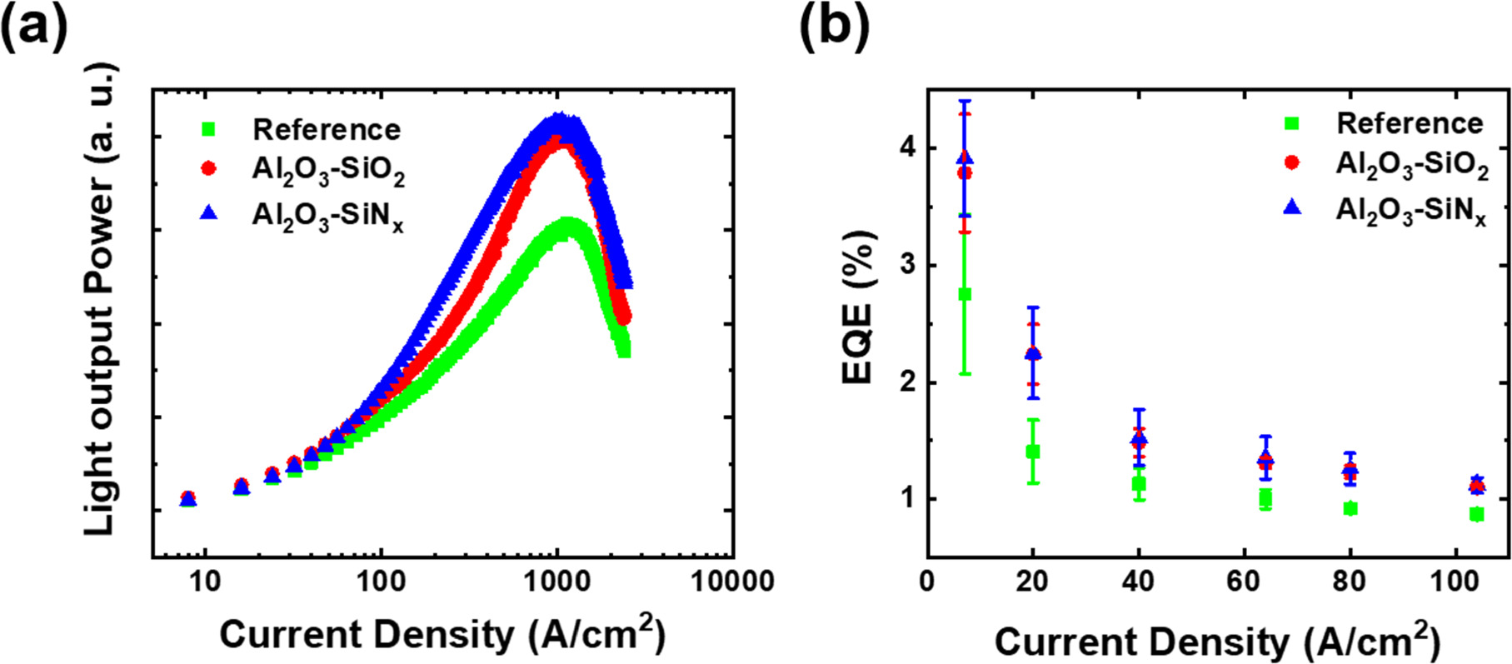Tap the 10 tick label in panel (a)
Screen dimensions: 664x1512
(204, 581)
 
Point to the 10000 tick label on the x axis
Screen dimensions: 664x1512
(732, 581)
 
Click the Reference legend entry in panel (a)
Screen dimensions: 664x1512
(326, 129)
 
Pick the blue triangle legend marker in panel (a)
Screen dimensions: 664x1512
(209, 213)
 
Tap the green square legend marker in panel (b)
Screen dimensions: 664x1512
(1291, 123)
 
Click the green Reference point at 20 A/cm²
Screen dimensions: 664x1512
(1033, 452)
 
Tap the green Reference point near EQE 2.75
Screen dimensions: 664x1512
(966, 294)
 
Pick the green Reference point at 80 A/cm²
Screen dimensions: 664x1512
(1350, 508)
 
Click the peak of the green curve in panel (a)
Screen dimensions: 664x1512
(566, 223)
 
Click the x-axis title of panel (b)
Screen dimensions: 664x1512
(1216, 642)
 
